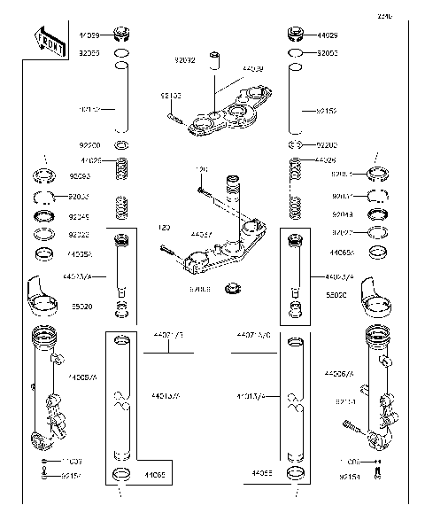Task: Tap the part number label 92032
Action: tap(184, 61)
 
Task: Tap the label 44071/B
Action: tap(168, 338)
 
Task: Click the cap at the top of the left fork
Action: tap(122, 36)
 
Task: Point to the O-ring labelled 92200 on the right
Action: tap(298, 143)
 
